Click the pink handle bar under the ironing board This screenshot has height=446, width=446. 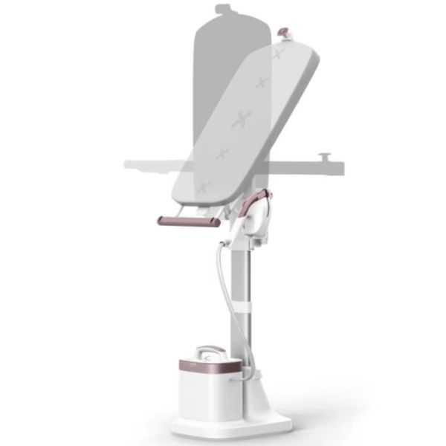tap(189, 221)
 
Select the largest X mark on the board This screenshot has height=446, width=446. tap(241, 118)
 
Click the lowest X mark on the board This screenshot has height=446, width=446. tap(203, 187)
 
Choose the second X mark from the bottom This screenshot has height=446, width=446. tap(221, 154)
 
